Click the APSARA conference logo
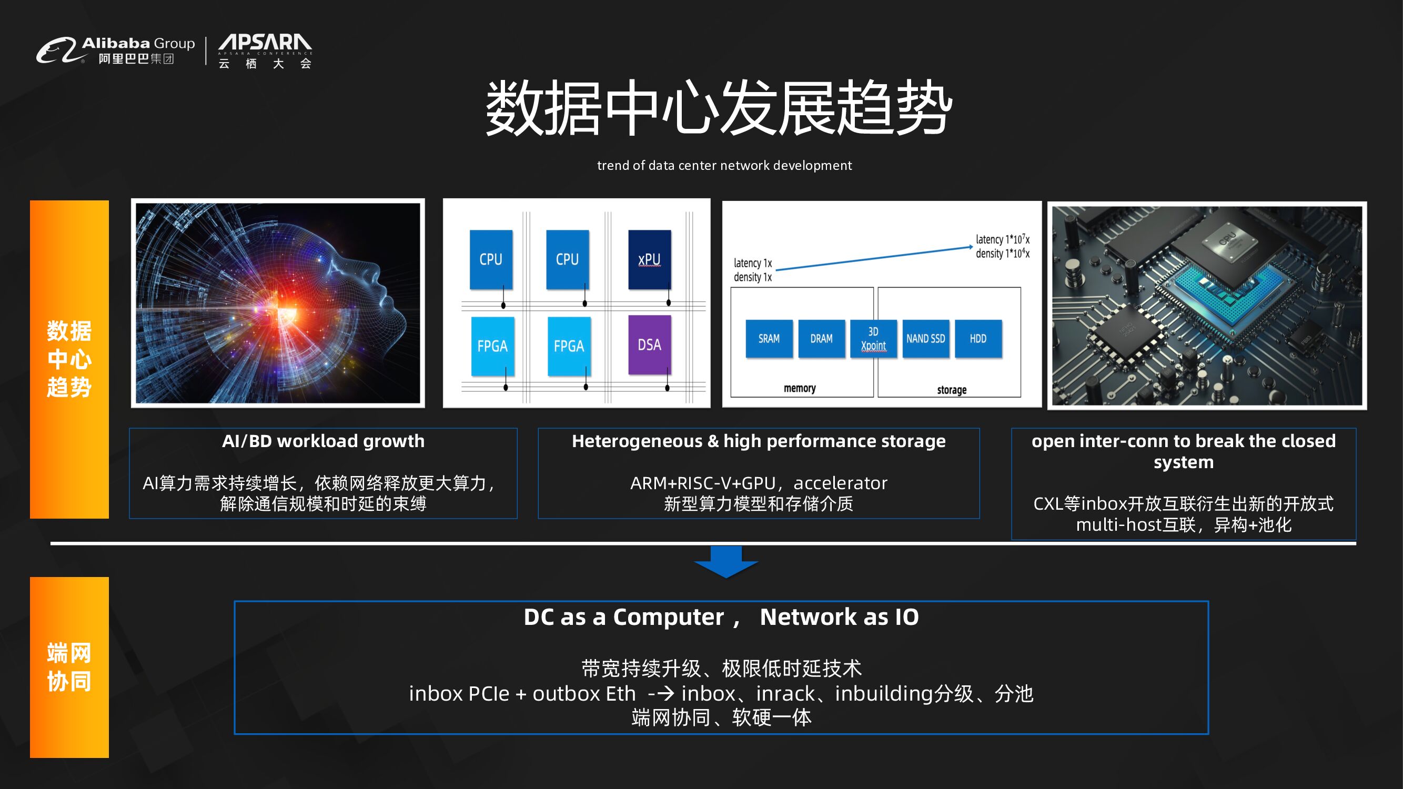pos(265,50)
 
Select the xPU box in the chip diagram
pos(649,259)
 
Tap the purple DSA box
pos(649,344)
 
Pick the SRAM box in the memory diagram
pos(769,339)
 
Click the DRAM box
pos(821,339)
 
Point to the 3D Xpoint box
pos(873,339)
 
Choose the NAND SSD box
pos(925,339)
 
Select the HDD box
pos(977,339)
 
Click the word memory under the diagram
pos(800,388)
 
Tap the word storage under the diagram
pos(952,390)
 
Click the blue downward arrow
pos(726,561)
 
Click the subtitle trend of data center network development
pos(724,166)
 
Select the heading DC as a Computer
pos(623,618)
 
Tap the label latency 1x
pos(753,264)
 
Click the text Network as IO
pos(839,618)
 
